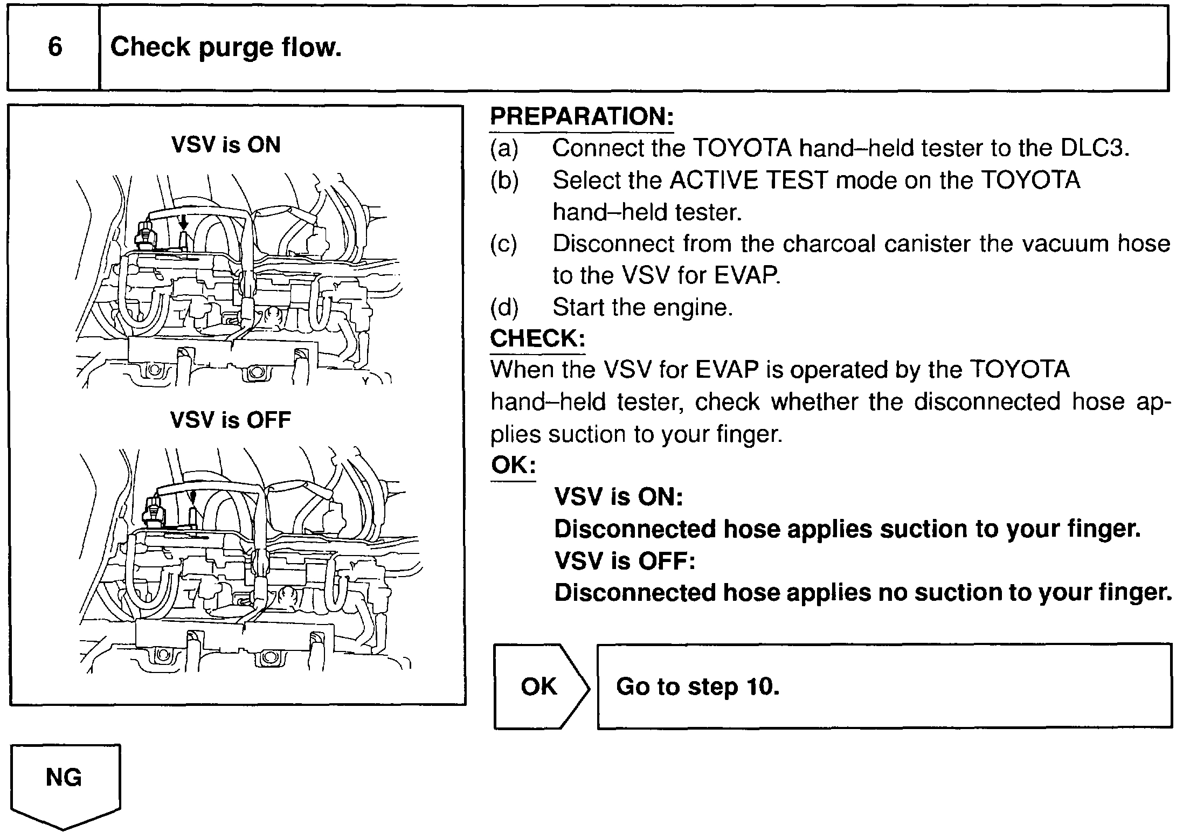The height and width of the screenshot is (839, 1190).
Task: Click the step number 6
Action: (x=54, y=47)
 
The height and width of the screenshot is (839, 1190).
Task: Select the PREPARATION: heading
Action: (x=582, y=116)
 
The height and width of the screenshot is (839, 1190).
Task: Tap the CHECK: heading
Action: (x=537, y=338)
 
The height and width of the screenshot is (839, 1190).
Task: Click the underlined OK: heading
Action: (x=513, y=464)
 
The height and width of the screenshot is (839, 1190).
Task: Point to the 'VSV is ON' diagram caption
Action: (x=226, y=145)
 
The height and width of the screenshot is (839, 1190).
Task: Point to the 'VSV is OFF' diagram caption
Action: (x=231, y=420)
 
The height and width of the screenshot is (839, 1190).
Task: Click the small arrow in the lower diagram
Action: (x=193, y=496)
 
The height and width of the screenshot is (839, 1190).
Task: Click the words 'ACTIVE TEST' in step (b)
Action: (x=748, y=180)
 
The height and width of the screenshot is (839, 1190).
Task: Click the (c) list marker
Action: (x=503, y=244)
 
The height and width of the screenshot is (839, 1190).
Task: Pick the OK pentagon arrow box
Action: (x=541, y=686)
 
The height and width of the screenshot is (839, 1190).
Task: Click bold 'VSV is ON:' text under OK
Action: (x=618, y=497)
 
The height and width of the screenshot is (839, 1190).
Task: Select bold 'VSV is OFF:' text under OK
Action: (x=625, y=561)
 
